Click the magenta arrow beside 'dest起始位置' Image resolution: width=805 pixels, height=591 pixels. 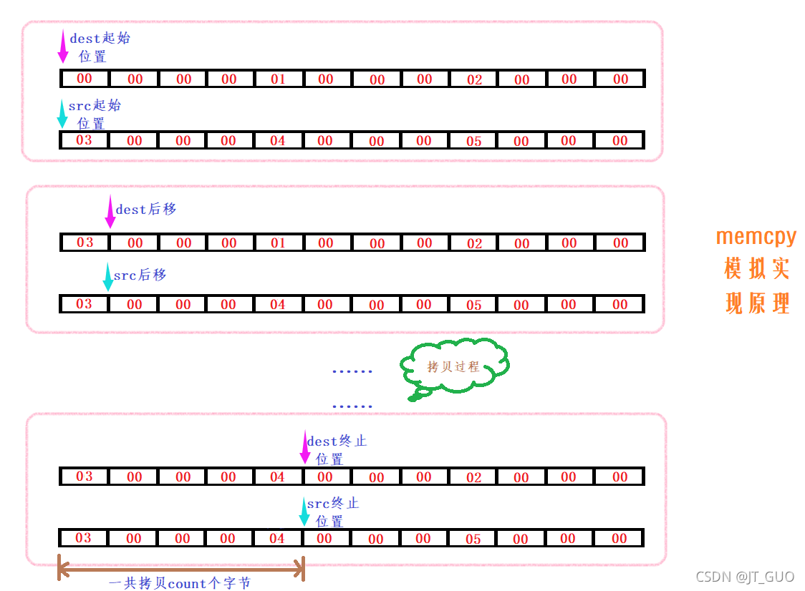point(63,47)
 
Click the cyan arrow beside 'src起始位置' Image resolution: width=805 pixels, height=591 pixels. point(62,113)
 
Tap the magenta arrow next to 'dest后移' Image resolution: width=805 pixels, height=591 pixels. point(110,212)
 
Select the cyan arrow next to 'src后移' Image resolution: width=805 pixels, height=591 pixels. point(107,277)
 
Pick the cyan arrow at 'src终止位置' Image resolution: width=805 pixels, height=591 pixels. point(304,511)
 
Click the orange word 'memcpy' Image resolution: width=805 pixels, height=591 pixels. point(756,236)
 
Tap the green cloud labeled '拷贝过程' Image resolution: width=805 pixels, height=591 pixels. point(454,367)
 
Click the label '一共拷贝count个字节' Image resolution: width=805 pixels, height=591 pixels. point(180,583)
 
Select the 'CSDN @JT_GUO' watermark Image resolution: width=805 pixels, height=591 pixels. point(745,577)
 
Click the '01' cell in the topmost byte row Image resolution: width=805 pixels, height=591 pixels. point(278,79)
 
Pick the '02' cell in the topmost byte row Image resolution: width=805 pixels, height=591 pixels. point(474,79)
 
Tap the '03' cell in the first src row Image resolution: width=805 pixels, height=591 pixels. point(84,140)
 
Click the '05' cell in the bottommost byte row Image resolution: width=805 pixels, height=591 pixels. point(473,539)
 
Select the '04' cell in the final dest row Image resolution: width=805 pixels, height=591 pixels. point(277,477)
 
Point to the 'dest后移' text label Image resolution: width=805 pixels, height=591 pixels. point(146,210)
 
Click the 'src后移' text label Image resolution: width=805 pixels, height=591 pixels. point(140,275)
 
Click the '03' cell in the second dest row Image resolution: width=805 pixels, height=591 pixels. point(85,243)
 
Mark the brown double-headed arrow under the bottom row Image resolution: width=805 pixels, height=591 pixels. point(180,570)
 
